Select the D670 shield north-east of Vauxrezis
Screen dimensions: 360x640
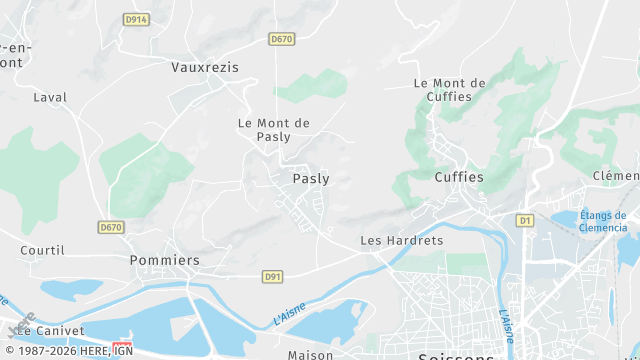pyautogui.click(x=281, y=39)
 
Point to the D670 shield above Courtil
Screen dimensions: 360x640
pyautogui.click(x=111, y=228)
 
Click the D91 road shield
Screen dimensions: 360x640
pyautogui.click(x=273, y=276)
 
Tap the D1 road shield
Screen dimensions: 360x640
pyautogui.click(x=525, y=219)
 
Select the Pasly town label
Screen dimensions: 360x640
pyautogui.click(x=310, y=179)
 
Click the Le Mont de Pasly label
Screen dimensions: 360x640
pyautogui.click(x=273, y=129)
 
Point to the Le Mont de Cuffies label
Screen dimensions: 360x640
pyautogui.click(x=449, y=90)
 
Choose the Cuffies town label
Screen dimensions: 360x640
pyautogui.click(x=459, y=177)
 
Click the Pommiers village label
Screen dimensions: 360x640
pyautogui.click(x=165, y=260)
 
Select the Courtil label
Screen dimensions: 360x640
pyautogui.click(x=42, y=250)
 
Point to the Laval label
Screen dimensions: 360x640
pyautogui.click(x=49, y=98)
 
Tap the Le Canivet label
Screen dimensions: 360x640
pyautogui.click(x=50, y=330)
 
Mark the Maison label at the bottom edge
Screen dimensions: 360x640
pyautogui.click(x=310, y=355)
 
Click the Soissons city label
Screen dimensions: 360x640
pyautogui.click(x=455, y=356)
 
